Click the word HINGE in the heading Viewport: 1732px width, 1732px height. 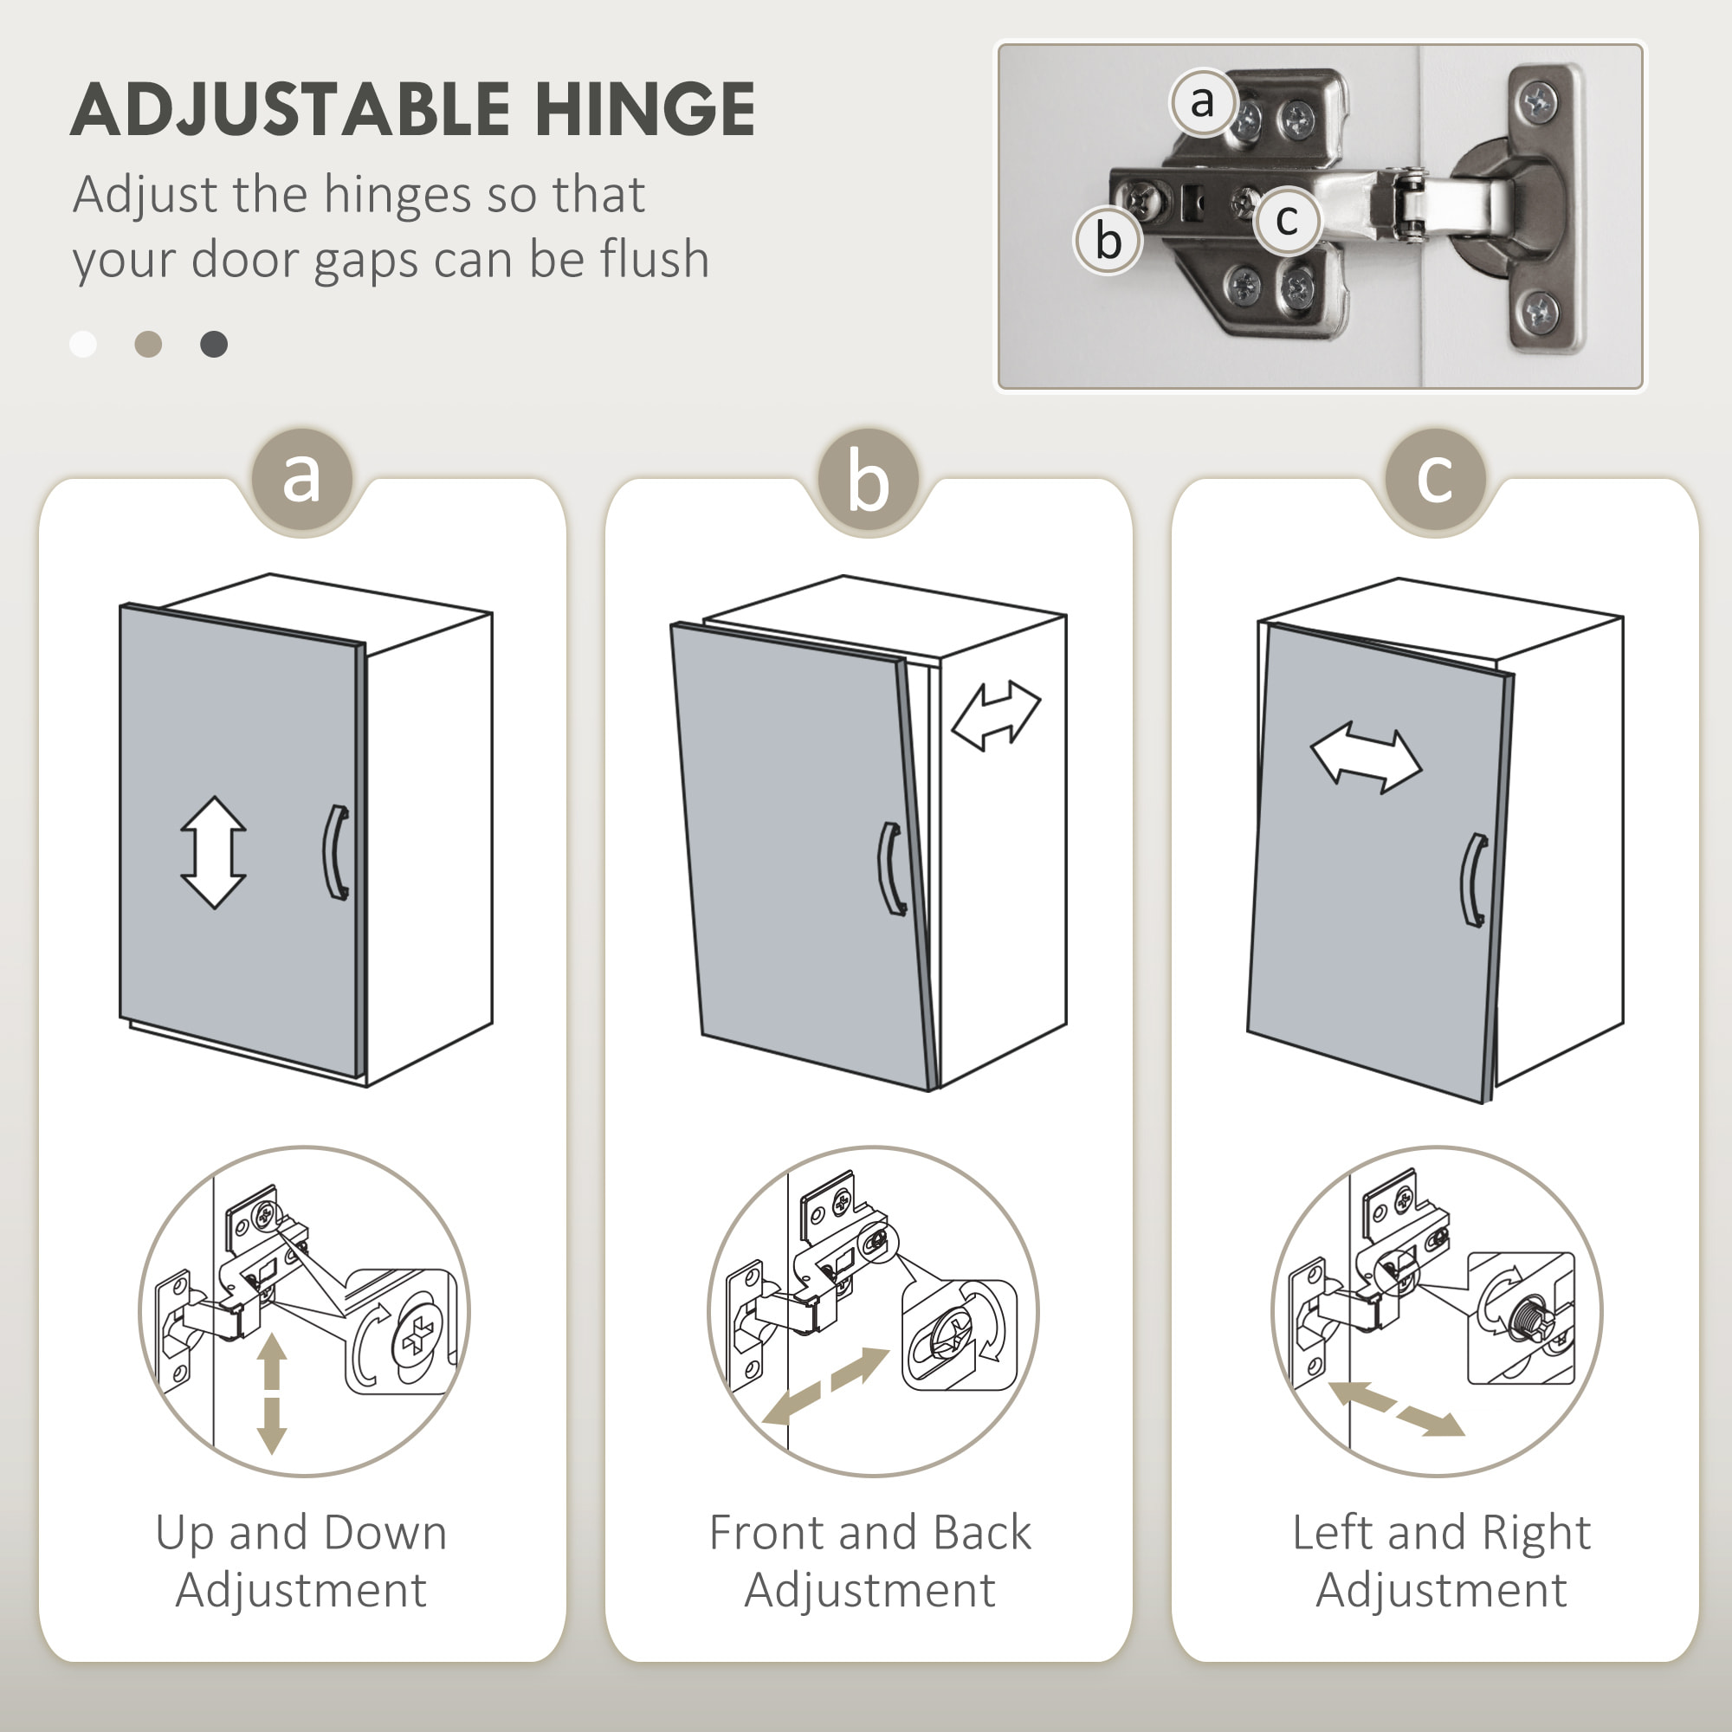644,109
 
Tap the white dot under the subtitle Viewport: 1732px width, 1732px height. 83,345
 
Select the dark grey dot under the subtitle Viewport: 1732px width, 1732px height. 213,345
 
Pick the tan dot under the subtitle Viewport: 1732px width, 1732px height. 148,345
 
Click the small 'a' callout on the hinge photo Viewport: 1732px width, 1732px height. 1202,102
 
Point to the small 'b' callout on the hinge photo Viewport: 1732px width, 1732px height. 1108,240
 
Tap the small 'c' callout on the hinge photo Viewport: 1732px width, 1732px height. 1287,219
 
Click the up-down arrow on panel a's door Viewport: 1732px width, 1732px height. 213,851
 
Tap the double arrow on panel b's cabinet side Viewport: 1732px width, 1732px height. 995,714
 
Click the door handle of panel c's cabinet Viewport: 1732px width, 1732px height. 1473,881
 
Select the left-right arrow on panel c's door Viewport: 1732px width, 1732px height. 1366,759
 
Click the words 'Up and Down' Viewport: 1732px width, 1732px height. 301,1534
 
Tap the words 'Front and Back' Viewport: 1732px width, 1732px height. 869,1534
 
